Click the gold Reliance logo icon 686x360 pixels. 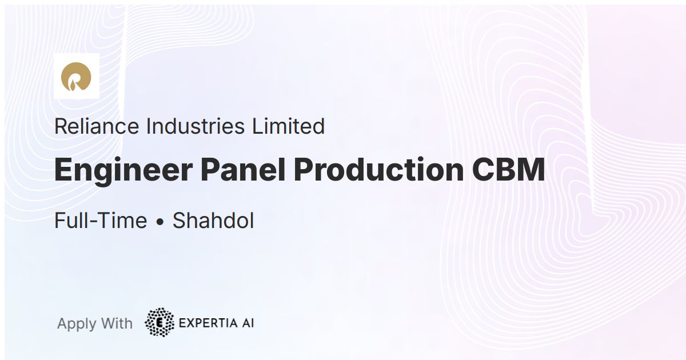click(76, 76)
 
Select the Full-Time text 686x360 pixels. click(101, 221)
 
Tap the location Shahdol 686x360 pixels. click(213, 221)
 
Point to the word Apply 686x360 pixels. click(77, 324)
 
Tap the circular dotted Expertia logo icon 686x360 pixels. click(159, 322)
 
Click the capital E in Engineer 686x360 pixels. click(63, 170)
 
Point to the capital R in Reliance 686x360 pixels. click(60, 126)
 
